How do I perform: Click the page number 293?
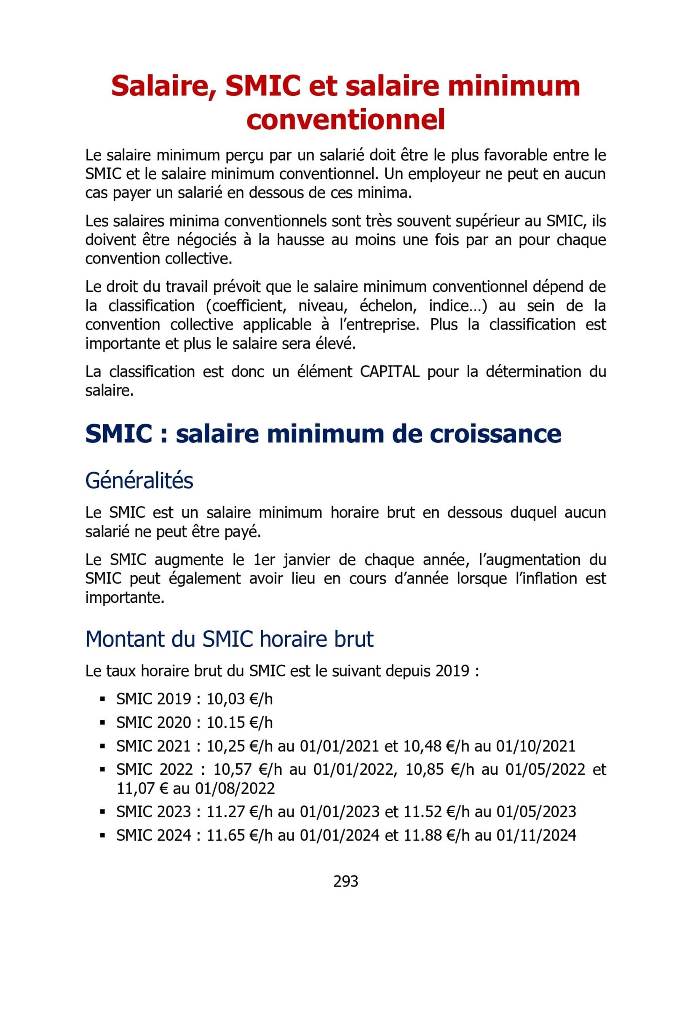click(345, 881)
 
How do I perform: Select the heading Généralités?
click(139, 480)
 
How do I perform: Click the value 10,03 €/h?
click(239, 699)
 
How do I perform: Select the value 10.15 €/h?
click(239, 722)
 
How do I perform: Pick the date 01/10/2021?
click(535, 746)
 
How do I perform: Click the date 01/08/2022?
click(235, 788)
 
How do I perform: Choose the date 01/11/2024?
click(536, 835)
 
